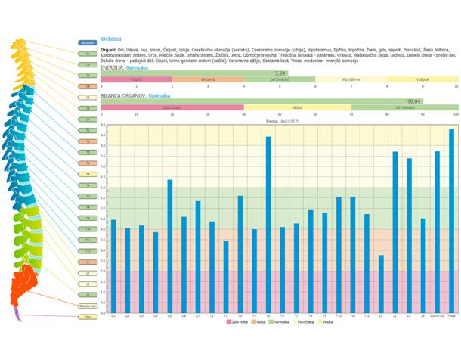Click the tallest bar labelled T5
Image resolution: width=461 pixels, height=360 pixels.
[x=268, y=224]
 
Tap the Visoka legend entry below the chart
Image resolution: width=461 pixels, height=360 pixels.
[x=326, y=322]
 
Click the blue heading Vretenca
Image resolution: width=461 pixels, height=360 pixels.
[x=111, y=38]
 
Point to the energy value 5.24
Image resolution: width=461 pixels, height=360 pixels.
[x=280, y=73]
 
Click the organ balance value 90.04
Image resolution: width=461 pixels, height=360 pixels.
[x=413, y=101]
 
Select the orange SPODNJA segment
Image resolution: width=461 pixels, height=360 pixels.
[x=209, y=79]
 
